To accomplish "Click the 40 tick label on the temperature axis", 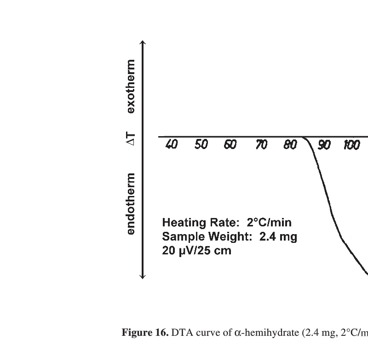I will tap(171, 145).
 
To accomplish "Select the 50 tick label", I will tap(201, 145).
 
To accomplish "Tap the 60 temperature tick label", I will tap(230, 145).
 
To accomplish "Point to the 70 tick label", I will tap(261, 145).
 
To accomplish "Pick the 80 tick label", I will tap(290, 145).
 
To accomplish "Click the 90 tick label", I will tap(324, 145).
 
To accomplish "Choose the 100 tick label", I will tap(351, 145).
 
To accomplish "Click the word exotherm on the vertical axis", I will tap(131, 86).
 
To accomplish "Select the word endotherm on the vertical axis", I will tap(131, 204).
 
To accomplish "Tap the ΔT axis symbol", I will tap(131, 138).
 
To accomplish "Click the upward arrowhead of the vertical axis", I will tap(143, 43).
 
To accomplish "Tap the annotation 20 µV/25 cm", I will tap(196, 251).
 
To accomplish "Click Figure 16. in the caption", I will tap(145, 333).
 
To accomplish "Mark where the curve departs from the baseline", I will tap(304, 137).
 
